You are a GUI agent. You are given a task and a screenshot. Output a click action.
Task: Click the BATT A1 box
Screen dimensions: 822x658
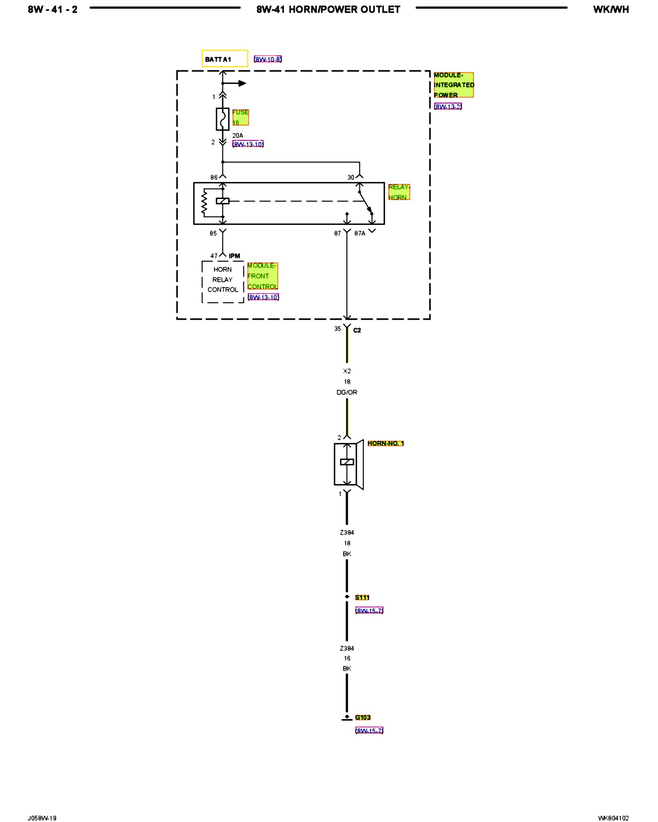point(225,59)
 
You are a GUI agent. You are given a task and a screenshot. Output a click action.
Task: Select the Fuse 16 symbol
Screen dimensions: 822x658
point(222,119)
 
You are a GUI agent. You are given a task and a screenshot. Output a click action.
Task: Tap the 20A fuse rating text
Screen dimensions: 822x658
point(238,135)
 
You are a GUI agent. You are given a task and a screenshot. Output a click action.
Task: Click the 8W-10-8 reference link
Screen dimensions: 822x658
point(268,59)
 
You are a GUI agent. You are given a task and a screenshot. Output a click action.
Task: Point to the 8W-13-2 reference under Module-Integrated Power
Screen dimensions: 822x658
point(448,106)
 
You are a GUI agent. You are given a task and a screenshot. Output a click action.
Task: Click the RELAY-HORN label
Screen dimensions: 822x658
point(399,192)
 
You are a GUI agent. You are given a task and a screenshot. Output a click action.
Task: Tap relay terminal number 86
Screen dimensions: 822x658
point(214,178)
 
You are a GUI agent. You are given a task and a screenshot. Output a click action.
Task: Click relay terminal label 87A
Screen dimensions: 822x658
point(360,233)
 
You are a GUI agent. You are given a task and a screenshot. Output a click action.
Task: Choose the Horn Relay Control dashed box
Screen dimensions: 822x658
point(222,282)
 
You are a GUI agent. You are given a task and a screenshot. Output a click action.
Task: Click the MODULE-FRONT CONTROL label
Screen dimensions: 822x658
point(262,276)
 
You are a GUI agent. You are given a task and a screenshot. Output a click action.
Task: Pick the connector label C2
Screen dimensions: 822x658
point(357,330)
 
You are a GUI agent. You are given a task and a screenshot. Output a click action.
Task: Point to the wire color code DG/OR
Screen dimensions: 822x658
point(347,392)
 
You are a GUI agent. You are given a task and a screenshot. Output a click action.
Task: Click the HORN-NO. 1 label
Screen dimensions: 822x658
point(385,443)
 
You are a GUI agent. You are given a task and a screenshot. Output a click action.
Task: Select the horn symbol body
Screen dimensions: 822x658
point(348,464)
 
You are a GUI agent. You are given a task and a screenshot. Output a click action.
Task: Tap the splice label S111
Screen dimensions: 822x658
point(362,597)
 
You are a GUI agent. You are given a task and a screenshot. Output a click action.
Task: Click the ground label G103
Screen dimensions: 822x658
point(363,717)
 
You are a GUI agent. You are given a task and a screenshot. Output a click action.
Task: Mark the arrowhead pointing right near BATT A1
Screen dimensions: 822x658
point(242,83)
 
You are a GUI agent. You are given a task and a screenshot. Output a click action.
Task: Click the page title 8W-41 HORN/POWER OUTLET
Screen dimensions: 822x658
point(328,9)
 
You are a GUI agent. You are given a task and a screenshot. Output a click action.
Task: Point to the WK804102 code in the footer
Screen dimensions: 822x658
point(613,818)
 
